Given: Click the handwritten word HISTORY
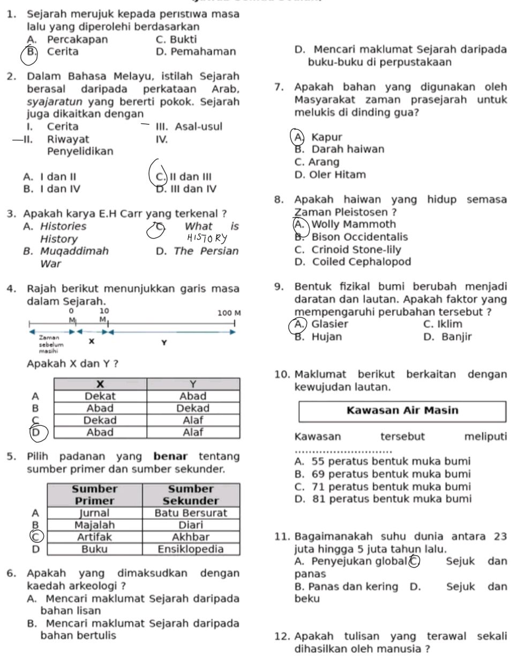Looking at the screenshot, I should pos(206,238).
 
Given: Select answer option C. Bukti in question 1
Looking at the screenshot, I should pos(176,39).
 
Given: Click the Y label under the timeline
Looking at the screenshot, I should pos(164,342).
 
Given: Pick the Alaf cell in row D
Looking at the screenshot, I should pos(192,432).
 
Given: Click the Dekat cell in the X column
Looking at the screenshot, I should pos(100,396).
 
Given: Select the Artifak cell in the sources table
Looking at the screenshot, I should pos(94,537).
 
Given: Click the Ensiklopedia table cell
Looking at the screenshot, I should pos(190,549).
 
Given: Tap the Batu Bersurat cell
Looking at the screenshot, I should pos(190,513).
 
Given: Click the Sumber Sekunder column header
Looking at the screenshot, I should pos(190,495).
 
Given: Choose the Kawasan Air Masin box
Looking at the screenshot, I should pos(402,411).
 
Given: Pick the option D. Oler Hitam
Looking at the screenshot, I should pos(330,175).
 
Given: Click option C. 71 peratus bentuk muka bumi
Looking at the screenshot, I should pos(383,487).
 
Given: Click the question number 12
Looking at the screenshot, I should pos(282,637).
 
